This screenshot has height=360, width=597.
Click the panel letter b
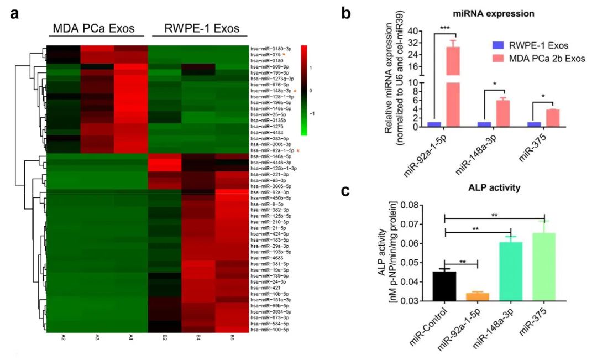(346, 13)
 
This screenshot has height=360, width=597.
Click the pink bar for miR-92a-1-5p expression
(453, 86)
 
